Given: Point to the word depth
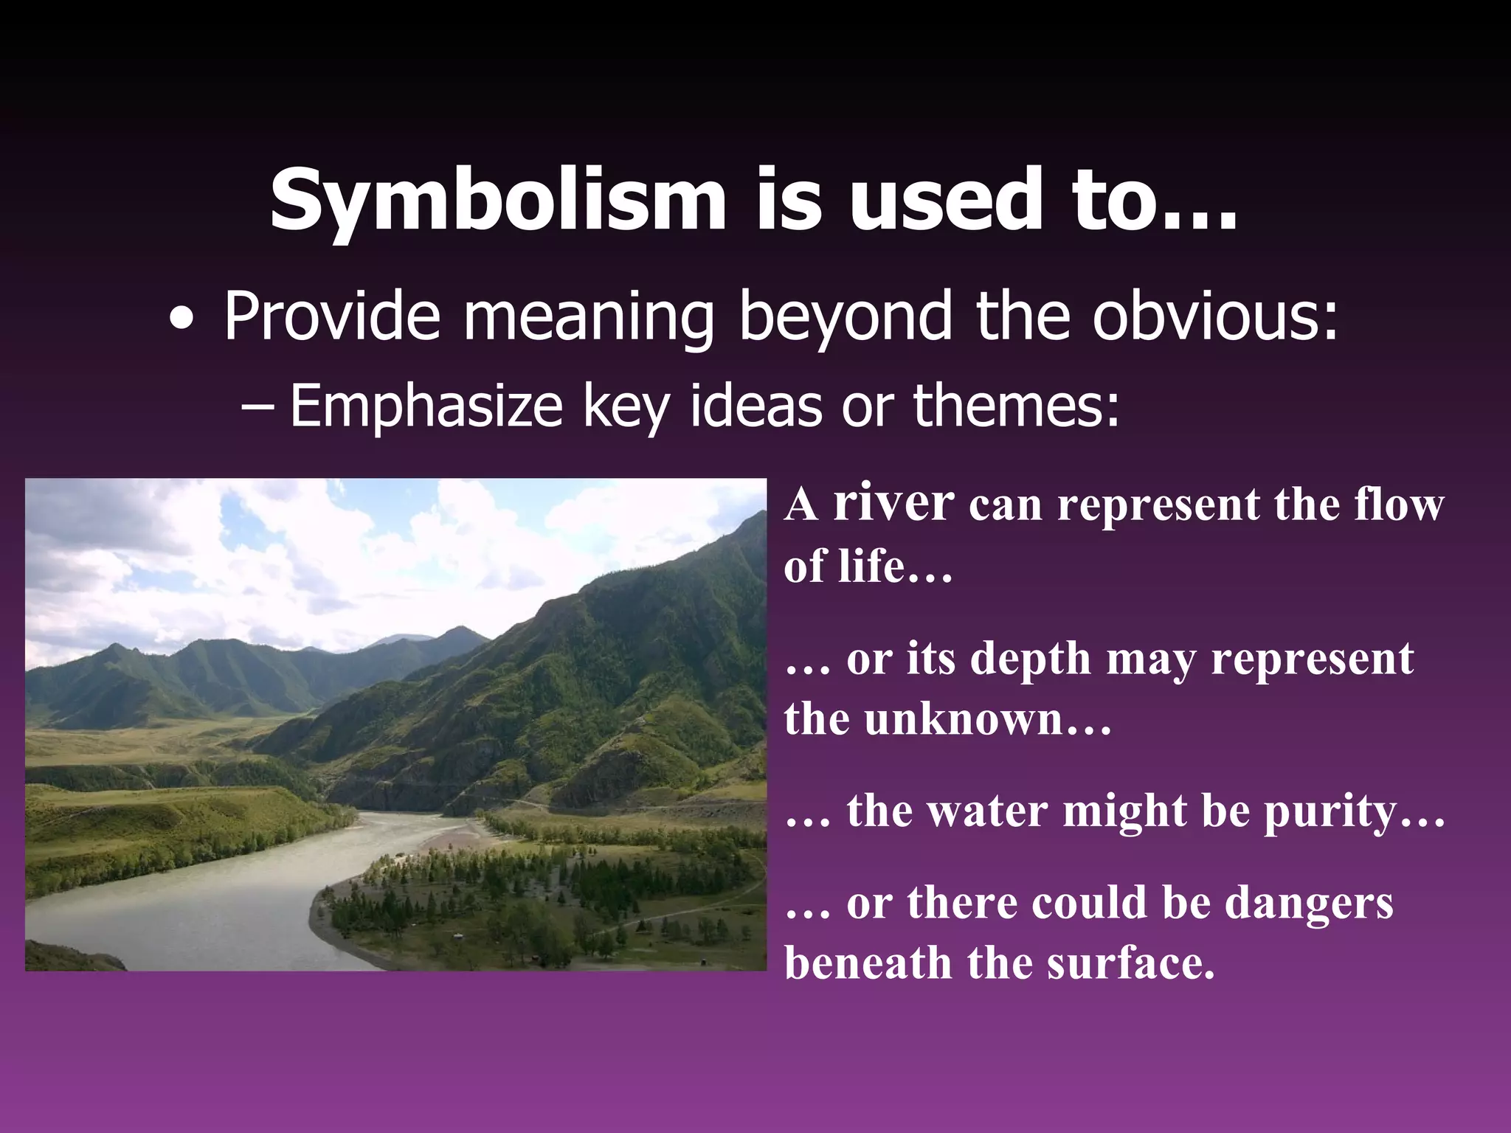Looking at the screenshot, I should (1030, 658).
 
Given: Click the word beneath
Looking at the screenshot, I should (868, 963).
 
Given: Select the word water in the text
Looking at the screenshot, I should (984, 811).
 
